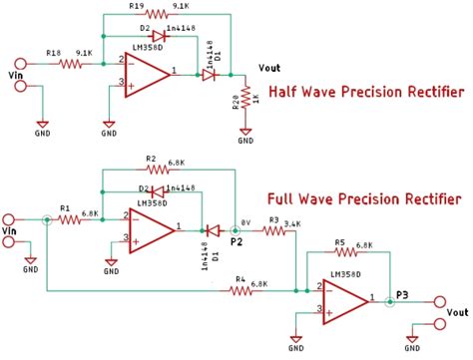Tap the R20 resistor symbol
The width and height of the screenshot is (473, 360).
pyautogui.click(x=245, y=104)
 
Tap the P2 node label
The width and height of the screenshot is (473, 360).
pyautogui.click(x=236, y=240)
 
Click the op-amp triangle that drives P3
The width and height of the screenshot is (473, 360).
pyautogui.click(x=348, y=298)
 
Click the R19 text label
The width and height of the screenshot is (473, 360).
pyautogui.click(x=136, y=6)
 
